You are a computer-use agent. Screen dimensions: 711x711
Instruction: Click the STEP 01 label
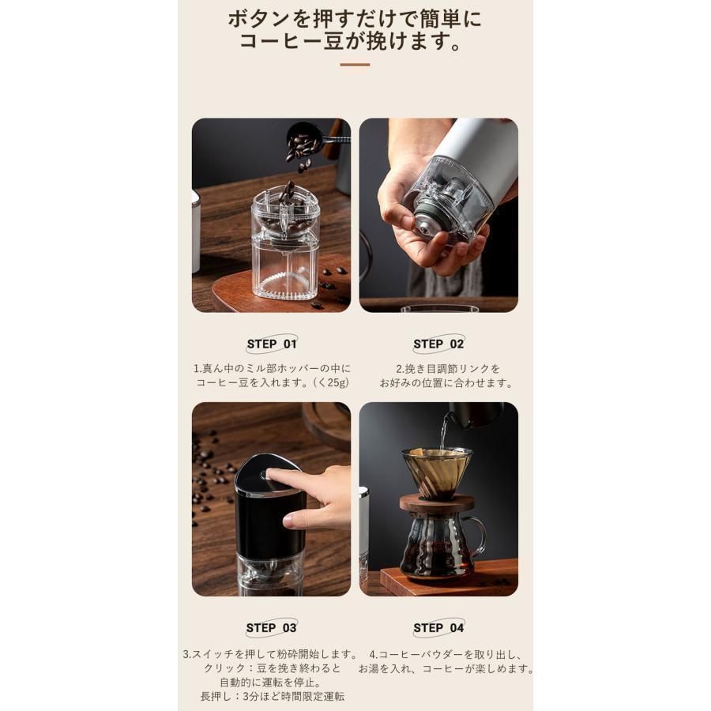(271, 344)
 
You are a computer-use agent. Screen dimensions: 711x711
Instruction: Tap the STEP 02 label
(438, 344)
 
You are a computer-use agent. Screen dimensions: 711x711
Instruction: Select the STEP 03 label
(271, 628)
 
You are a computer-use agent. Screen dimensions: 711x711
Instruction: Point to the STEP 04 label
(438, 628)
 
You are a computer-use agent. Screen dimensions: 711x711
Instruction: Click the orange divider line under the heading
(355, 65)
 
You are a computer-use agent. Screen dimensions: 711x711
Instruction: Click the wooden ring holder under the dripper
(437, 503)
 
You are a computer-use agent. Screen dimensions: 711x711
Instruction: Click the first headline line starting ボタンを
(355, 17)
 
